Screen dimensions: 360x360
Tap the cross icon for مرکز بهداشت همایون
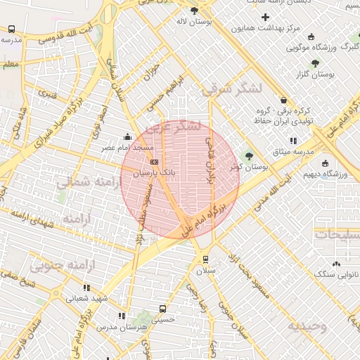[x=264, y=17]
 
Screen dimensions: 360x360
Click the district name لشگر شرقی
[x=231, y=89]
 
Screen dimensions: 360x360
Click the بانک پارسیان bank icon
[x=155, y=161]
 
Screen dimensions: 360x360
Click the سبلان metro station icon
[x=205, y=258]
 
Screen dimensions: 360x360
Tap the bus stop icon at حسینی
[x=163, y=308]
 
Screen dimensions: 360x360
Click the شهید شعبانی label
[x=88, y=298]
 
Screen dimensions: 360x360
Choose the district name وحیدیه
[x=307, y=326]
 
